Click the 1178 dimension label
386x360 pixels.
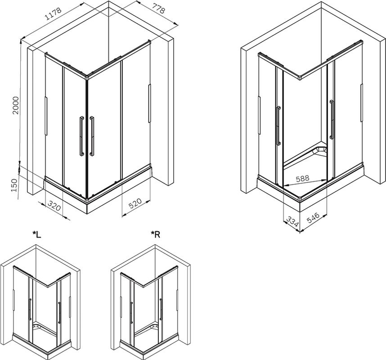tap(53, 13)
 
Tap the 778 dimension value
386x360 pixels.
tap(158, 9)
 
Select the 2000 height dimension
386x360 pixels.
tap(15, 105)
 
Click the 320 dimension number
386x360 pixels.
tap(54, 206)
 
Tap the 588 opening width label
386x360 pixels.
tap(302, 178)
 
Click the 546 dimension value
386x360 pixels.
tap(313, 218)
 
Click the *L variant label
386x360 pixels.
tap(37, 234)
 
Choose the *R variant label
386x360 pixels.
tap(155, 234)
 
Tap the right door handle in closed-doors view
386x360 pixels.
tap(92, 136)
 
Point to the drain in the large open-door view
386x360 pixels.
tap(319, 150)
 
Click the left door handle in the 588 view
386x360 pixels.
tap(278, 126)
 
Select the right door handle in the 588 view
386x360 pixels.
tap(332, 119)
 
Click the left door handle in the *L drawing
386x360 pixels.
tap(30, 309)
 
